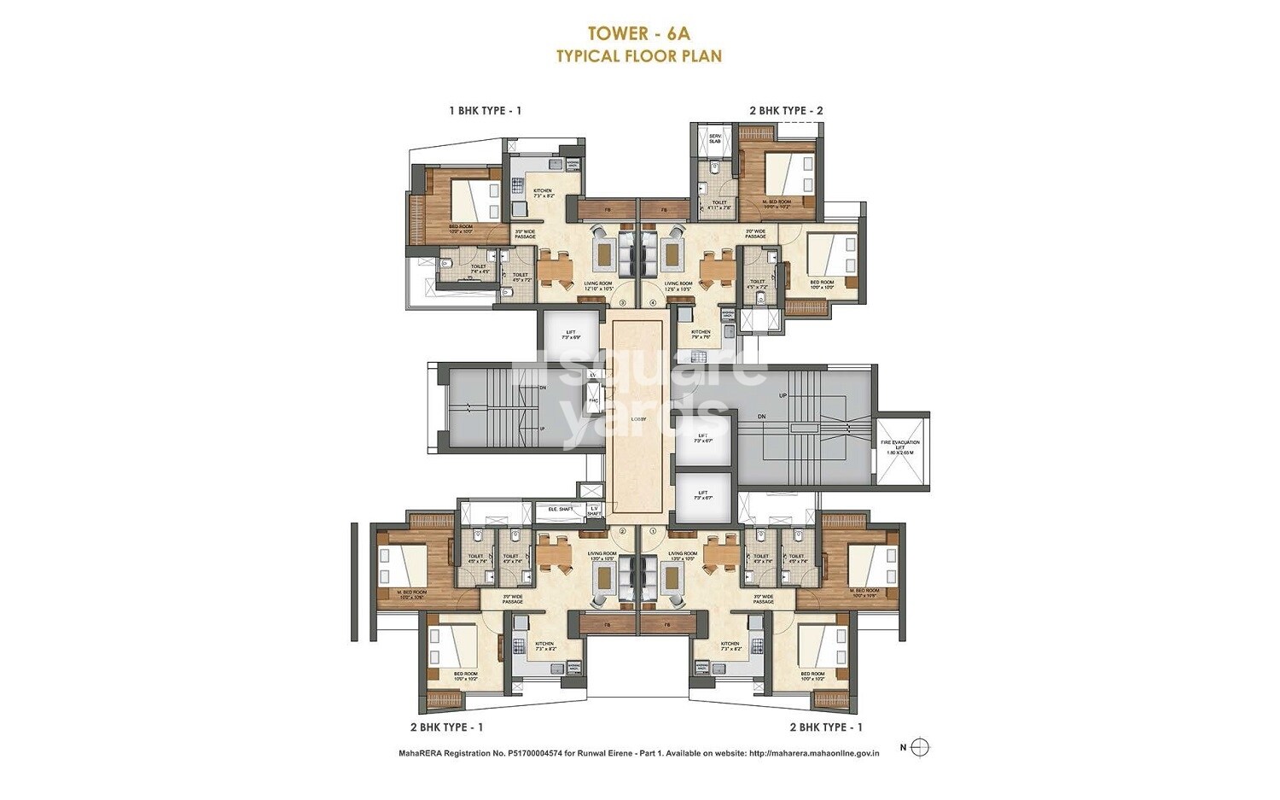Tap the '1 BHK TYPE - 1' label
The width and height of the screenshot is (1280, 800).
point(485,110)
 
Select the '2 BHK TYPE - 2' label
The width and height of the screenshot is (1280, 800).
point(786,110)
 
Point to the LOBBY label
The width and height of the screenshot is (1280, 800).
point(638,419)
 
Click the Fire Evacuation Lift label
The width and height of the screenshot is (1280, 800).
point(901,447)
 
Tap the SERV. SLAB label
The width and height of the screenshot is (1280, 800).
point(715,138)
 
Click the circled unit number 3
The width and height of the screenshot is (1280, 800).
point(623,302)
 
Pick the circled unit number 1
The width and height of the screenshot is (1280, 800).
point(654,530)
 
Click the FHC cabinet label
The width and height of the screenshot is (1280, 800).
point(592,399)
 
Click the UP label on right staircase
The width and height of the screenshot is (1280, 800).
point(783,396)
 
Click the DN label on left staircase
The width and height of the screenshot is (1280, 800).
point(543,388)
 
